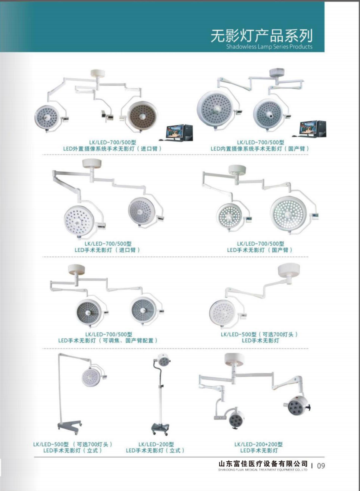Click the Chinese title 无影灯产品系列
click(261, 36)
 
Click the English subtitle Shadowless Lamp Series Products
click(269, 47)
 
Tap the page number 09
click(321, 466)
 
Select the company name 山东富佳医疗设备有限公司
click(263, 463)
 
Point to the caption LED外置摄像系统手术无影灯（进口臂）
click(113, 149)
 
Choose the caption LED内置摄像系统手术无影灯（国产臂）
click(260, 149)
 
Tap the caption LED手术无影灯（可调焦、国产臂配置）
click(108, 341)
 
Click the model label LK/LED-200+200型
click(259, 444)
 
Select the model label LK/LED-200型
click(156, 444)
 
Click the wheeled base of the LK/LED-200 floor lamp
click(160, 428)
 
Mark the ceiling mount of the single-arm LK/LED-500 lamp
click(289, 270)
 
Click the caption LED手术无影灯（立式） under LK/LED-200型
click(156, 450)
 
